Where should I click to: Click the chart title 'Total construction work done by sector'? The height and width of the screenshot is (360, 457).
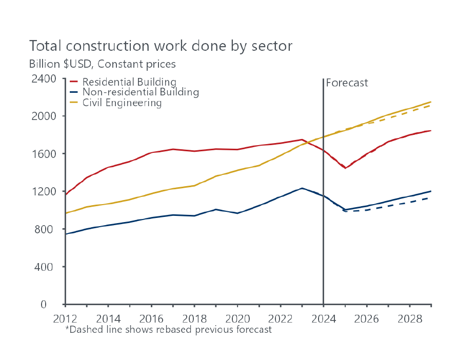161,46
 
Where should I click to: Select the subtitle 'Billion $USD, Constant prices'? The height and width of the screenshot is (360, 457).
102,64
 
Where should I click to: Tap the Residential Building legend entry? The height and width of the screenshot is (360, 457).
129,82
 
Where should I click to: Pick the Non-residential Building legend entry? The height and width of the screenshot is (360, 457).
140,92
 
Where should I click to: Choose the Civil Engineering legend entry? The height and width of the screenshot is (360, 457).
122,103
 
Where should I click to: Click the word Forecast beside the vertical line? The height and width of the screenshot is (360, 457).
347,83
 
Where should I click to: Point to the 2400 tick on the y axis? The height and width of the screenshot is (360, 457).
45,78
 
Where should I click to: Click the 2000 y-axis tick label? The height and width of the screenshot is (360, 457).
45,116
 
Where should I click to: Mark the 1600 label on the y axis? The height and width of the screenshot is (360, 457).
45,154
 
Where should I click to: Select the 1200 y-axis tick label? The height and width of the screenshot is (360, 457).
45,191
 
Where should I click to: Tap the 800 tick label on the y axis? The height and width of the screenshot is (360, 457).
47,229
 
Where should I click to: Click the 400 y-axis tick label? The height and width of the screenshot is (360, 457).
47,267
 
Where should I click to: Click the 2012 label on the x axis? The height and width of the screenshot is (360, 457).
65,318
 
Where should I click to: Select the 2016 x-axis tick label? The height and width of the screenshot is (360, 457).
152,318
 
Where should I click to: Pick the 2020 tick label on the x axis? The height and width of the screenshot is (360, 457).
238,318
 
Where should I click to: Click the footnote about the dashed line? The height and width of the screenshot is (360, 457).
168,330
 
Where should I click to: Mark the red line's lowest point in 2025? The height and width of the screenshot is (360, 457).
346,168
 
